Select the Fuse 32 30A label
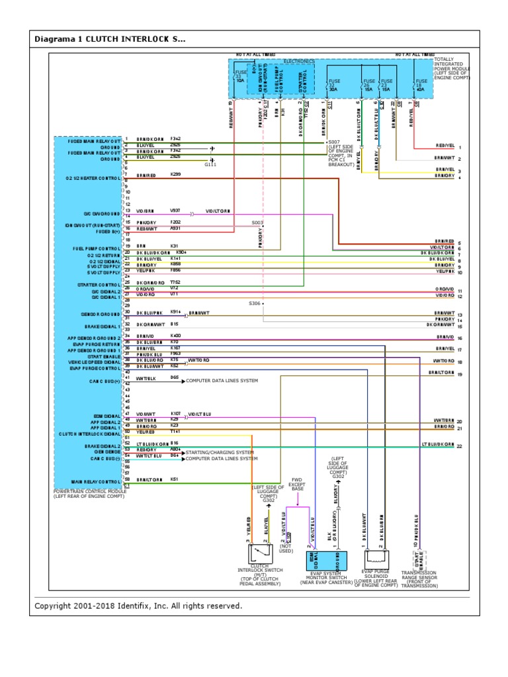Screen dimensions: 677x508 click(x=333, y=85)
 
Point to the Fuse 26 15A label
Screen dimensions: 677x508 click(x=366, y=85)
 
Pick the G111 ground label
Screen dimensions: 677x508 click(x=211, y=165)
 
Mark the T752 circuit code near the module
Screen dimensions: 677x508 click(x=175, y=282)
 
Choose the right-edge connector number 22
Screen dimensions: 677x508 click(x=459, y=446)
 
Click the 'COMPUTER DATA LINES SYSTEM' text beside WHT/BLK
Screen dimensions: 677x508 click(x=222, y=381)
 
